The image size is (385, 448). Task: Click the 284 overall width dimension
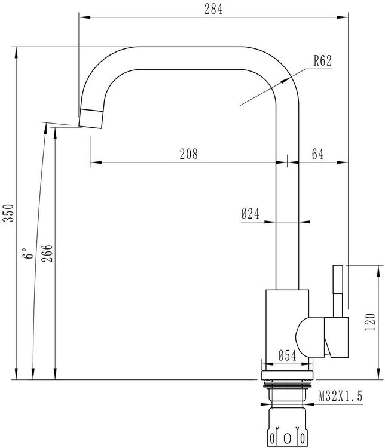click(x=213, y=9)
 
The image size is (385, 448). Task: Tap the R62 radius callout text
click(x=323, y=60)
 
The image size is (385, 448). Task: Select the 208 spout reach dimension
click(x=188, y=154)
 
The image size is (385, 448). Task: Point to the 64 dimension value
click(x=317, y=154)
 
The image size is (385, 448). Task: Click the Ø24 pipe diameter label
click(x=250, y=213)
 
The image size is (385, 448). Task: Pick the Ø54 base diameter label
click(x=287, y=356)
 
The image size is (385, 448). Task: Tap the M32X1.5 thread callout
click(x=340, y=396)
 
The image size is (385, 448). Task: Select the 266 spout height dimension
click(x=47, y=253)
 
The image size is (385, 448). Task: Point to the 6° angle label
click(x=28, y=253)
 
